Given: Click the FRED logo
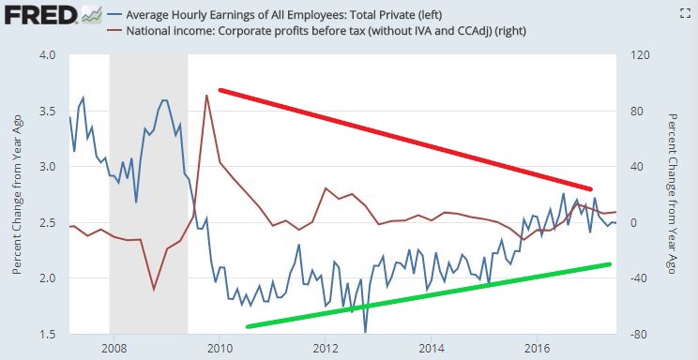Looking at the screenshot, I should point(40,16).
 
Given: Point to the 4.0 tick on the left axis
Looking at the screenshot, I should point(48,55).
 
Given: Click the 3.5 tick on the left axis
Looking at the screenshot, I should point(48,112).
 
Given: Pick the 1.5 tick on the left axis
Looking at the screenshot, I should point(48,334).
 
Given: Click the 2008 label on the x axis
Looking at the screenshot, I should point(114,348).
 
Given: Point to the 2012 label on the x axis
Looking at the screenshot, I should point(325,348).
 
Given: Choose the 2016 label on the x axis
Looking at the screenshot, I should point(537,348).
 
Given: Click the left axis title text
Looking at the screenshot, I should point(18,195).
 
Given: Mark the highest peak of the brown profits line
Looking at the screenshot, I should point(205,95).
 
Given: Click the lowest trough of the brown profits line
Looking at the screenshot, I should point(154,290).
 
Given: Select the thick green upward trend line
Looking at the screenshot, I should point(428,295).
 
